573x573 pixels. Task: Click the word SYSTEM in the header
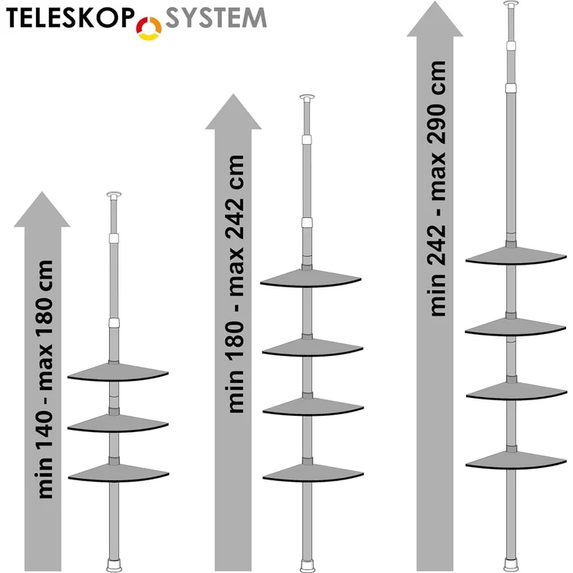[216, 18]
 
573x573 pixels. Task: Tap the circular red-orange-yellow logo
[149, 28]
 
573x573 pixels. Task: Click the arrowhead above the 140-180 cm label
[42, 209]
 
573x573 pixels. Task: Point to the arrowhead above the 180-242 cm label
[233, 112]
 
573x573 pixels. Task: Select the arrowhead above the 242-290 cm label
[435, 19]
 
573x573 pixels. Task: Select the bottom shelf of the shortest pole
[118, 473]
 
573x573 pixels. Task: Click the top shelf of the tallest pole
[516, 256]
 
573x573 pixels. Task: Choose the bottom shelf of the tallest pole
[516, 460]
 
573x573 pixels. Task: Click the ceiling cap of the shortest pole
[114, 195]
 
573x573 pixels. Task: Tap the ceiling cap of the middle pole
[307, 98]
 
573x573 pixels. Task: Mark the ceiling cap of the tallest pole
[511, 4]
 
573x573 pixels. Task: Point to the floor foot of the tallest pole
[511, 565]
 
